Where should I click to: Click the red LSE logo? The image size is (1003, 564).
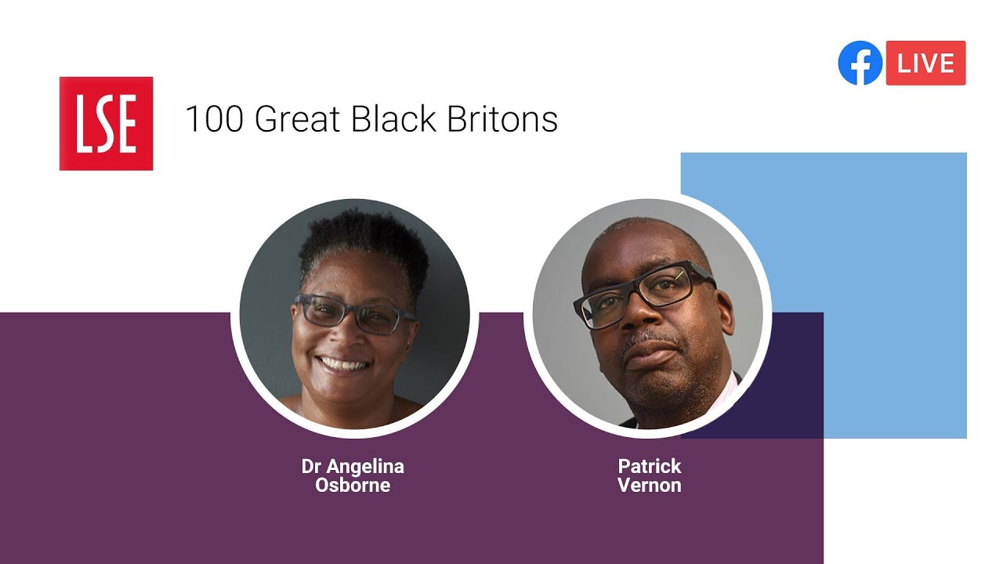[x=106, y=123]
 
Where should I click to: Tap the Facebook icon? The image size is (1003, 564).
[x=860, y=63]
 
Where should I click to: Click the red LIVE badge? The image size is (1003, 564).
[x=925, y=63]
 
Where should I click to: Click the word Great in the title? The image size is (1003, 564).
[x=299, y=119]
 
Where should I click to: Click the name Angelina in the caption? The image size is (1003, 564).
[x=365, y=467]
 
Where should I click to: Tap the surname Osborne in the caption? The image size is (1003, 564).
[x=353, y=485]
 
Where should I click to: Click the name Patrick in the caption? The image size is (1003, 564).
[x=650, y=467]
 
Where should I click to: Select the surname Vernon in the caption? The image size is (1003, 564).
[x=650, y=485]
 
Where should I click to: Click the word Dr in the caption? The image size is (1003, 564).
[x=312, y=467]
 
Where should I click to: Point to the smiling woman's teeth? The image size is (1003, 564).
[x=344, y=364]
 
